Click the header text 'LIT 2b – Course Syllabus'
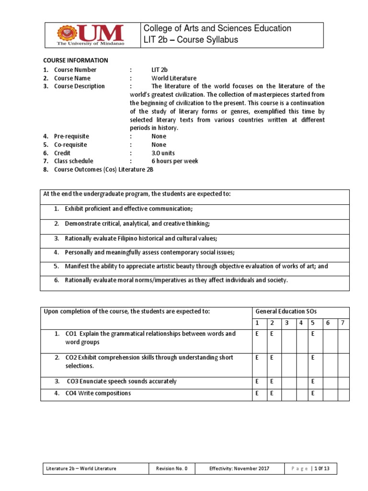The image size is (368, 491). coord(191,40)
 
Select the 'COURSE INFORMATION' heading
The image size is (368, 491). coord(76,60)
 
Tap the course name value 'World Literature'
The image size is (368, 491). coord(174,78)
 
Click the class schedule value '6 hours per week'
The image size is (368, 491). coord(175,161)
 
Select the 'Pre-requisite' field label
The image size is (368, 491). coord(71,136)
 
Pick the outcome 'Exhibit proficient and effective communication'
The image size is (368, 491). coord(129,209)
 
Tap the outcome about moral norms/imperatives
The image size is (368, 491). coord(176,280)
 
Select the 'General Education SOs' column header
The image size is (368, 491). coord(286,311)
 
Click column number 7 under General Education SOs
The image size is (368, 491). coord(343,323)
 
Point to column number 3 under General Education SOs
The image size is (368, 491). coord(287,323)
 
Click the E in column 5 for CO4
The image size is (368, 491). coord(313,393)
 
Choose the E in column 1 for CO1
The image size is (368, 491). coord(257,334)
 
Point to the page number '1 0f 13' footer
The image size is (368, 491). coord(321,468)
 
